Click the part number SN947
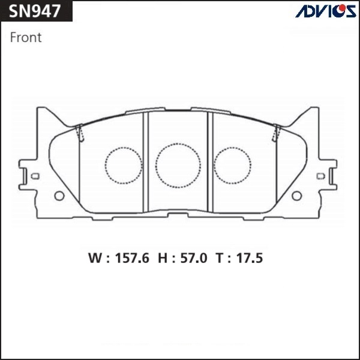[x=35, y=11]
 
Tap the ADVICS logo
[x=326, y=11]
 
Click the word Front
[x=26, y=37]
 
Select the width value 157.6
[x=132, y=258]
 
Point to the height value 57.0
[x=194, y=258]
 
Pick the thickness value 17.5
[x=250, y=258]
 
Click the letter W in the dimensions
[x=95, y=258]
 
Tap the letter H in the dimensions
[x=163, y=258]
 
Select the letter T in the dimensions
[x=219, y=258]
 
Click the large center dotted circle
[x=178, y=143]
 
